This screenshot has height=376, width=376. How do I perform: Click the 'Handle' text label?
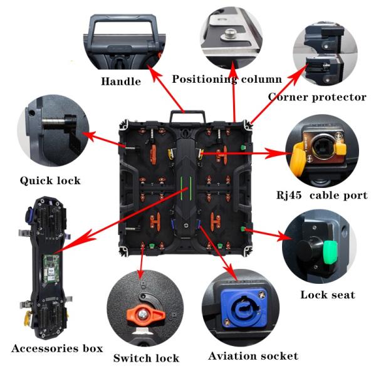tap(121, 81)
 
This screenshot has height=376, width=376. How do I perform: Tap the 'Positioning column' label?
tap(227, 79)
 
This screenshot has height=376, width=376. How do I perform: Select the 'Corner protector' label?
tap(317, 97)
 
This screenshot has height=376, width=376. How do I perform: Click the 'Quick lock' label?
tap(50, 180)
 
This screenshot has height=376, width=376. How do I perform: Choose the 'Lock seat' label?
tap(327, 295)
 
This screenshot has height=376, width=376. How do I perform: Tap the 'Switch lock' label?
tap(146, 358)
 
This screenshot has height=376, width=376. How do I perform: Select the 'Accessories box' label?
tap(56, 348)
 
